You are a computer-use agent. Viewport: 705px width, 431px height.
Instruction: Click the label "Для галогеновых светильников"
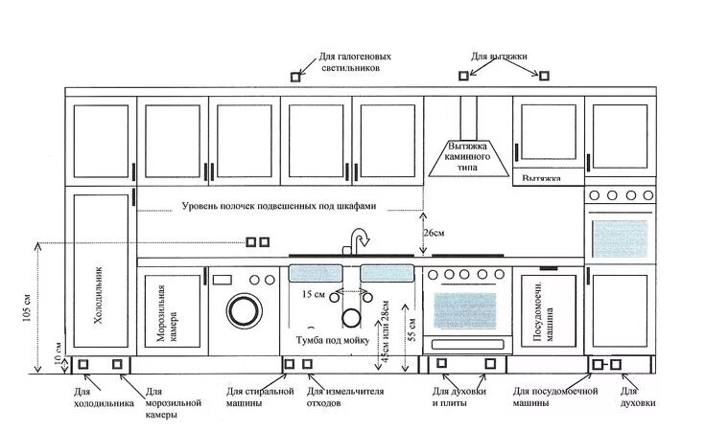click(352, 63)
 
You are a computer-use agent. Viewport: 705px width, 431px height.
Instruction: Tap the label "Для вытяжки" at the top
click(499, 57)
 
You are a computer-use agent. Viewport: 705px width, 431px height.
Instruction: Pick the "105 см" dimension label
click(28, 303)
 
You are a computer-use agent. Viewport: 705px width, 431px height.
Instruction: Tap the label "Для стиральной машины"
click(259, 397)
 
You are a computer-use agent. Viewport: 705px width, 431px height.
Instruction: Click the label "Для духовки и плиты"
click(459, 397)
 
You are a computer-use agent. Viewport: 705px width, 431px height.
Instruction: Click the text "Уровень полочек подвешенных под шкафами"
click(279, 206)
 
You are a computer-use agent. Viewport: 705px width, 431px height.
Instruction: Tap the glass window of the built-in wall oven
click(622, 236)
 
